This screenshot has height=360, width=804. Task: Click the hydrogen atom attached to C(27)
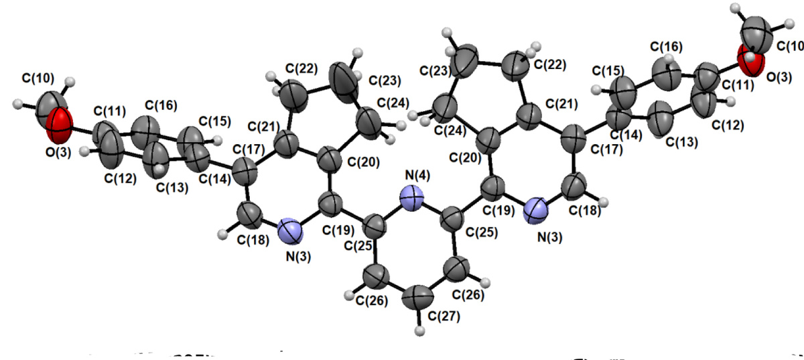point(420,329)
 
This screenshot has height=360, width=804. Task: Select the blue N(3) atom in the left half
point(289,231)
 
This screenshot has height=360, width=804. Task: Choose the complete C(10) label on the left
point(39,79)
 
